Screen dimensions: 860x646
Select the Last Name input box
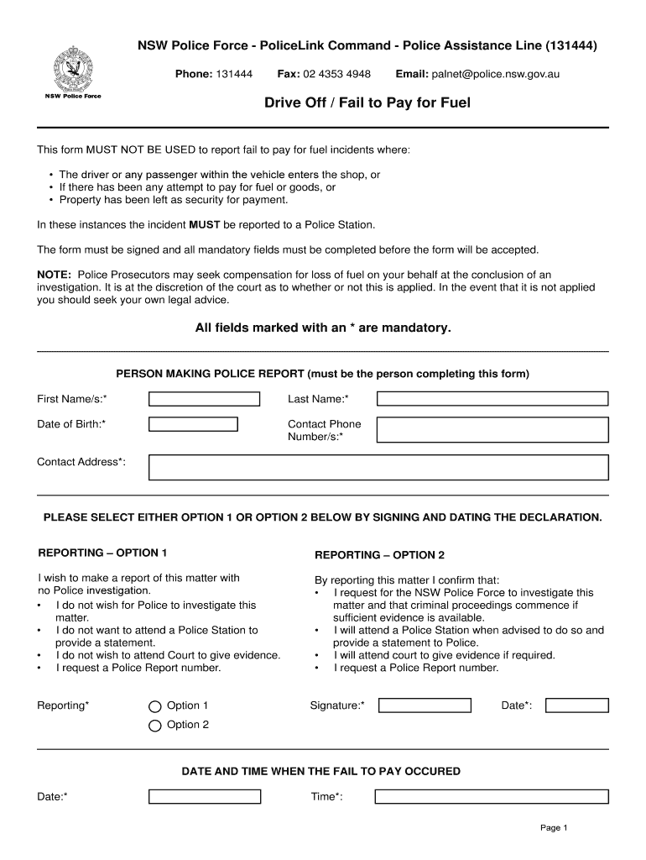pyautogui.click(x=492, y=399)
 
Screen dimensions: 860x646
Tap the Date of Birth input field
pyautogui.click(x=193, y=424)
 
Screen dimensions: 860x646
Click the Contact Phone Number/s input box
pyautogui.click(x=492, y=430)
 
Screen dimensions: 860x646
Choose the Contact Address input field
pyautogui.click(x=378, y=467)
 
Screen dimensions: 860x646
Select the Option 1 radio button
pyautogui.click(x=154, y=706)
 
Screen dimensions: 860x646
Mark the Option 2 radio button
pyautogui.click(x=154, y=726)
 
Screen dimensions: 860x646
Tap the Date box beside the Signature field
pyautogui.click(x=576, y=705)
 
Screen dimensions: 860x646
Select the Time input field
pyautogui.click(x=492, y=796)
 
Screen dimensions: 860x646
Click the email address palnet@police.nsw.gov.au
pyautogui.click(x=496, y=74)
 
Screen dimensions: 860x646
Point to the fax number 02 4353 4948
pyautogui.click(x=336, y=74)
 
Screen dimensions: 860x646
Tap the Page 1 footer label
pyautogui.click(x=554, y=828)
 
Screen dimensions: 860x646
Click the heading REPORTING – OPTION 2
pyautogui.click(x=379, y=555)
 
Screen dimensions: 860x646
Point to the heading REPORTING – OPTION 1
pyautogui.click(x=103, y=553)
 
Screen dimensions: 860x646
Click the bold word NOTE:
pyautogui.click(x=55, y=275)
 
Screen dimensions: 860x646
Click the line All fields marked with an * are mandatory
pyautogui.click(x=323, y=328)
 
